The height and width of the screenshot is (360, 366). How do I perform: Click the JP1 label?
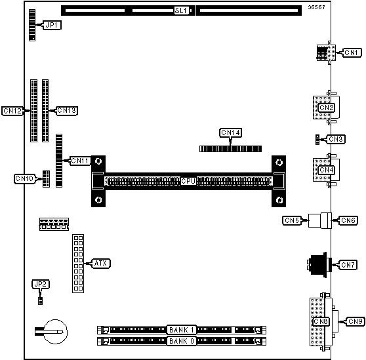tap(52, 25)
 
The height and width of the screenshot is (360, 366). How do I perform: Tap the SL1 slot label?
tap(182, 10)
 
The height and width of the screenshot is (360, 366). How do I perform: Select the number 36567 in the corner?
tap(316, 7)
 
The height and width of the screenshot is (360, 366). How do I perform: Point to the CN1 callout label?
tap(352, 52)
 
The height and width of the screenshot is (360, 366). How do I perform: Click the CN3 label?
tap(336, 139)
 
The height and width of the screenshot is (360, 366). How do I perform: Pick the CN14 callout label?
tap(231, 132)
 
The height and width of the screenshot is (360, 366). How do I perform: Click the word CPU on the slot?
tap(188, 181)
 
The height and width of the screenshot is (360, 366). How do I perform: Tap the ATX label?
tap(101, 264)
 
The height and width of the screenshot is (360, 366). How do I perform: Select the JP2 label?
tap(41, 284)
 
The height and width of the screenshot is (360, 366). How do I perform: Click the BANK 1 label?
tap(182, 330)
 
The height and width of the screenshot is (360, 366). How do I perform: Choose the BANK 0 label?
tap(182, 341)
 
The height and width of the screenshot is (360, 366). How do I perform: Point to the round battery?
tap(56, 332)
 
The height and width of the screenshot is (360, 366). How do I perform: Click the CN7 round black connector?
tap(319, 265)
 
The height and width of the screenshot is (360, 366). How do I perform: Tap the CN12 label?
tap(12, 111)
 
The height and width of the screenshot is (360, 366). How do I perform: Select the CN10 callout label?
tap(24, 179)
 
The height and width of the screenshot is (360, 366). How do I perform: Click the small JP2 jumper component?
tap(41, 301)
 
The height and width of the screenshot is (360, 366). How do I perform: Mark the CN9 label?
tap(356, 321)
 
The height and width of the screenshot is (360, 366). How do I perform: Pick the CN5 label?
tap(292, 220)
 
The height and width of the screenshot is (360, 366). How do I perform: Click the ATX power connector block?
tap(78, 264)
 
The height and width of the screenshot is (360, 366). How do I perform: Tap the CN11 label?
tap(80, 161)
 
